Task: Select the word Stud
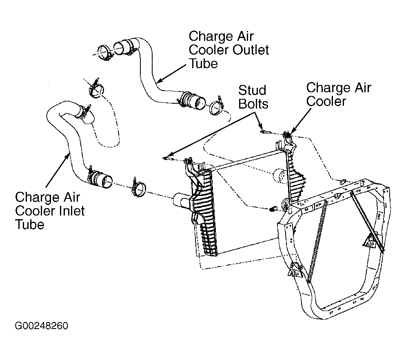point(252,90)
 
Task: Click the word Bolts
point(253,104)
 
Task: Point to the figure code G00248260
point(42,326)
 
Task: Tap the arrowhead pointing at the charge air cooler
point(293,131)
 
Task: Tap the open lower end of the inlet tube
point(106,181)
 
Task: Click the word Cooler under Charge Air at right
point(326,101)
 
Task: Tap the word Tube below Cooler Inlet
point(30,224)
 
